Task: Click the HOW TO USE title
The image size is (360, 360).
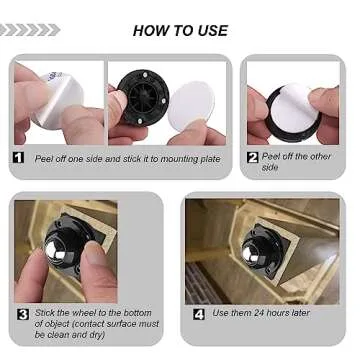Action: pyautogui.click(x=180, y=30)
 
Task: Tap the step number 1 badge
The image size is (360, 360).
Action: pyautogui.click(x=19, y=157)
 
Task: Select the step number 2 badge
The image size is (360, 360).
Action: pyautogui.click(x=253, y=157)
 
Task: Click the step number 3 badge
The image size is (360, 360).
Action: pyautogui.click(x=22, y=313)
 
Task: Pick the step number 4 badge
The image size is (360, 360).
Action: pyautogui.click(x=199, y=313)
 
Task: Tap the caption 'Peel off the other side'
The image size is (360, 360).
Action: pyautogui.click(x=296, y=162)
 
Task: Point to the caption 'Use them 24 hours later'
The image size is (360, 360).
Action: pyautogui.click(x=261, y=313)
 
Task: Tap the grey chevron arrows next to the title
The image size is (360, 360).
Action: pyautogui.click(x=31, y=30)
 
